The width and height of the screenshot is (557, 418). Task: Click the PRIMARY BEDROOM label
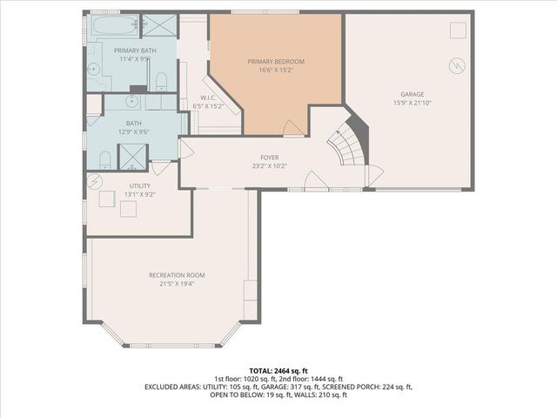pos(276,62)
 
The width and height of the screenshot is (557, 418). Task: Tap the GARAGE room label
pos(412,94)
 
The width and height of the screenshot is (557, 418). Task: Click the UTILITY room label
pos(139,186)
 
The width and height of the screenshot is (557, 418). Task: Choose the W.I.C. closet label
pos(208,98)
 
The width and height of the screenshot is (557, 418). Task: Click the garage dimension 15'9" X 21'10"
pos(412,103)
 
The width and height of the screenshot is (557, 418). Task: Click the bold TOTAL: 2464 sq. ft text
pos(278,371)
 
